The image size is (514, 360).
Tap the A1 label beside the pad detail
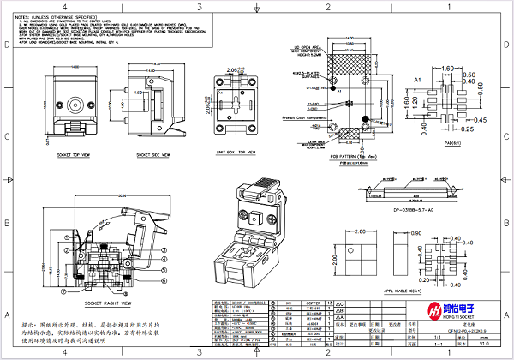click(x=418, y=79)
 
